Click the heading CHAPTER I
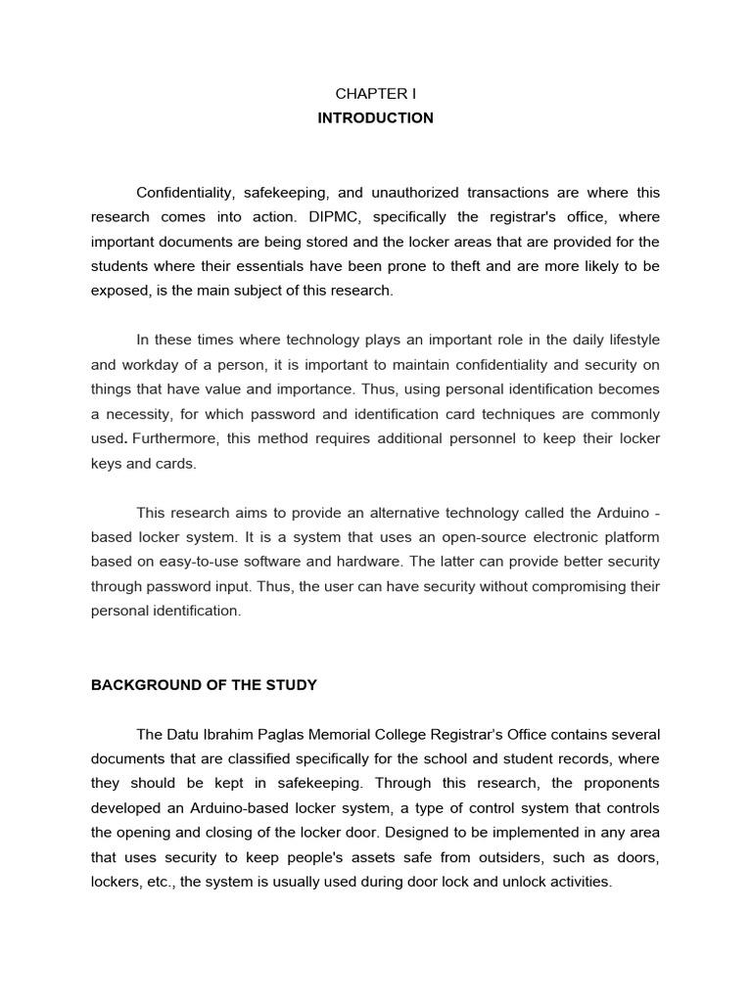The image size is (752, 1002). pos(375,94)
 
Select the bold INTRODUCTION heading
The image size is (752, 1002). pos(375,118)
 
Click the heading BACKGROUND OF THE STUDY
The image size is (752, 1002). pos(204,685)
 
